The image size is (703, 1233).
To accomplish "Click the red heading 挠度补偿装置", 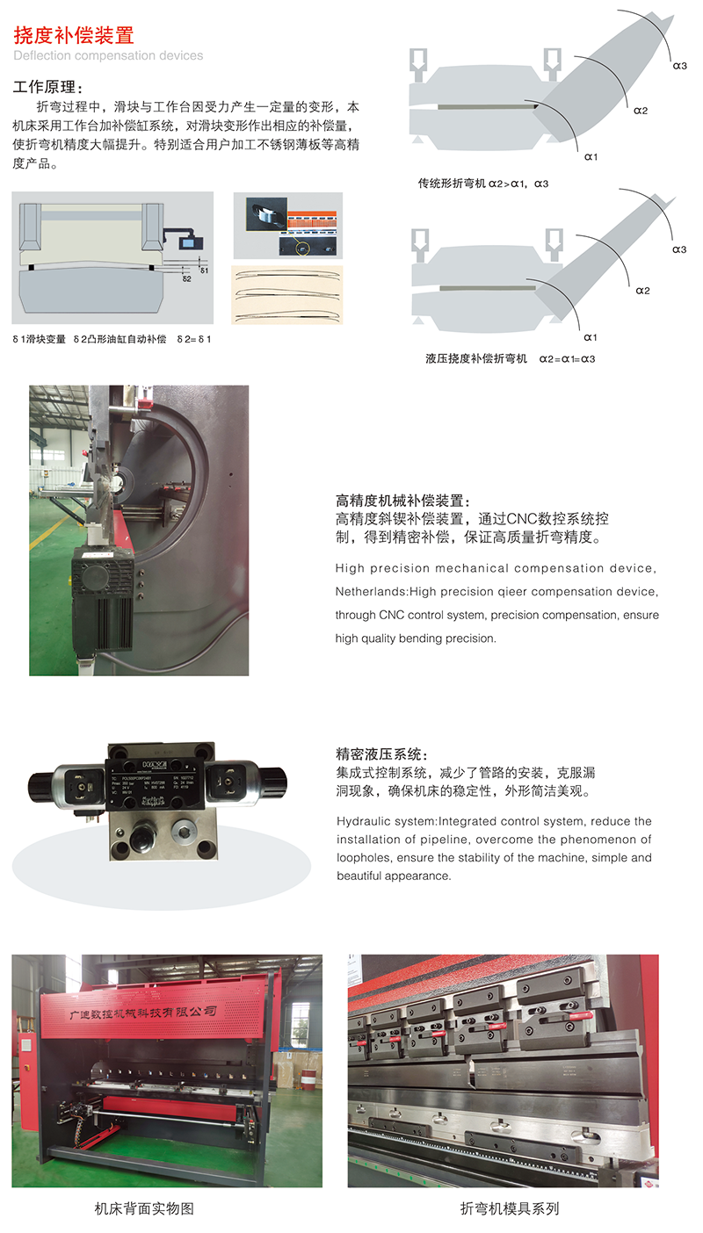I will tap(74, 35).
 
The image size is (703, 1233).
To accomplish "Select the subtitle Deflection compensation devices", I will tap(108, 55).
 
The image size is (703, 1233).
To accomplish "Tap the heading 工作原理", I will tap(49, 88).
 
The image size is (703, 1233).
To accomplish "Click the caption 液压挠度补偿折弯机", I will tap(475, 358).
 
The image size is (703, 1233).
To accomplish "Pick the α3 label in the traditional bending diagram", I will tap(679, 65).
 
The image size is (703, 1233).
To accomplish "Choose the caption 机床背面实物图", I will tap(144, 1208).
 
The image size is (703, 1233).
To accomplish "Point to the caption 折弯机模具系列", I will tap(510, 1208).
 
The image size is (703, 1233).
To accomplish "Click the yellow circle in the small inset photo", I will tap(305, 247).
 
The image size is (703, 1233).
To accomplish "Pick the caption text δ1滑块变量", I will tap(39, 338).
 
